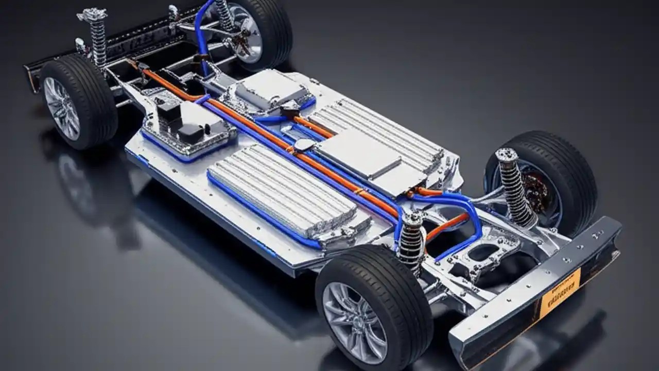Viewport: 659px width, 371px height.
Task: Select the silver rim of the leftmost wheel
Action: tap(61, 108)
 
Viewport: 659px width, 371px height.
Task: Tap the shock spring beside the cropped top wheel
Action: tap(224, 15)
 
